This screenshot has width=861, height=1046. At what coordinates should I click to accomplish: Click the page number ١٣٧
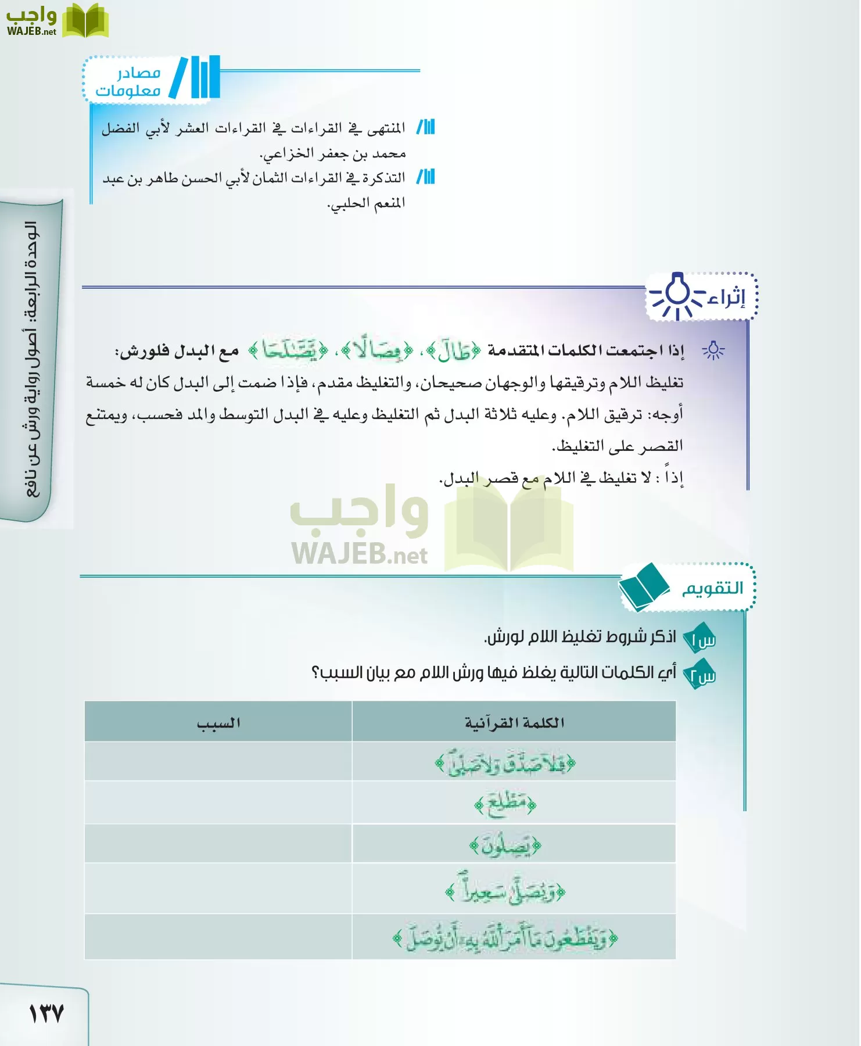pos(46,1014)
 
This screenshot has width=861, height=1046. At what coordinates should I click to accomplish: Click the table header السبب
pos(218,723)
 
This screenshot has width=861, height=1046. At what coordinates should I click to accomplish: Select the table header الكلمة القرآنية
pos(514,723)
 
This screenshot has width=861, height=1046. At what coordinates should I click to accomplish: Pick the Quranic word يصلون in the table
pos(505,846)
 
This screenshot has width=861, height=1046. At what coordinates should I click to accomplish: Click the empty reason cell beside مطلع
pos(218,803)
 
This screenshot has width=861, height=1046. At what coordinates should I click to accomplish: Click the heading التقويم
pos(712,589)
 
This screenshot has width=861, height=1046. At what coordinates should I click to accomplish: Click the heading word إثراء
pos(726,298)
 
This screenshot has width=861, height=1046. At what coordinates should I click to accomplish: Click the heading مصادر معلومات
pos(128,81)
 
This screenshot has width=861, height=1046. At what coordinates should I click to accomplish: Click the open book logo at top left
pos(85,21)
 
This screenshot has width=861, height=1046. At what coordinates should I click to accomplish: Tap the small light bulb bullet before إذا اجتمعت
pos(713,351)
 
